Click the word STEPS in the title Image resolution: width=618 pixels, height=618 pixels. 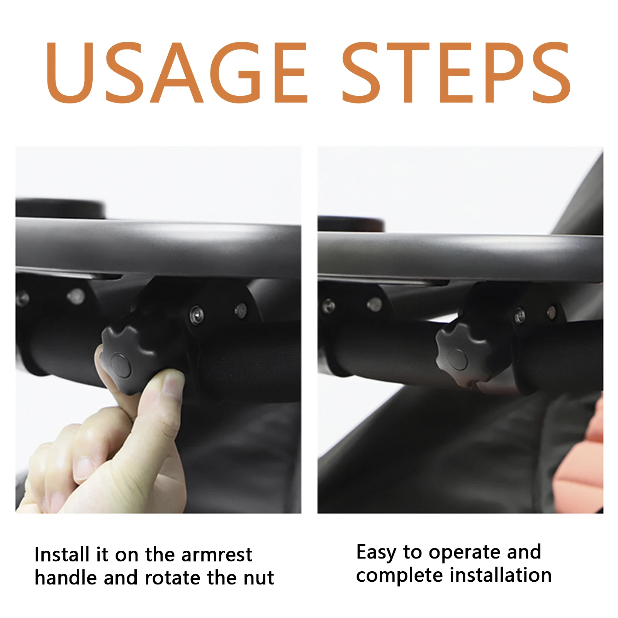pos(457,72)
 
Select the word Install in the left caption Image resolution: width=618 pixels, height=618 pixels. pos(62,555)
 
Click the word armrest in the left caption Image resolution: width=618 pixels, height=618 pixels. pos(217,555)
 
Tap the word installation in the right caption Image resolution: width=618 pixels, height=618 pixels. pos(501,575)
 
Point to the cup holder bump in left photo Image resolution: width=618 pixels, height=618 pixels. pos(61,209)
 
